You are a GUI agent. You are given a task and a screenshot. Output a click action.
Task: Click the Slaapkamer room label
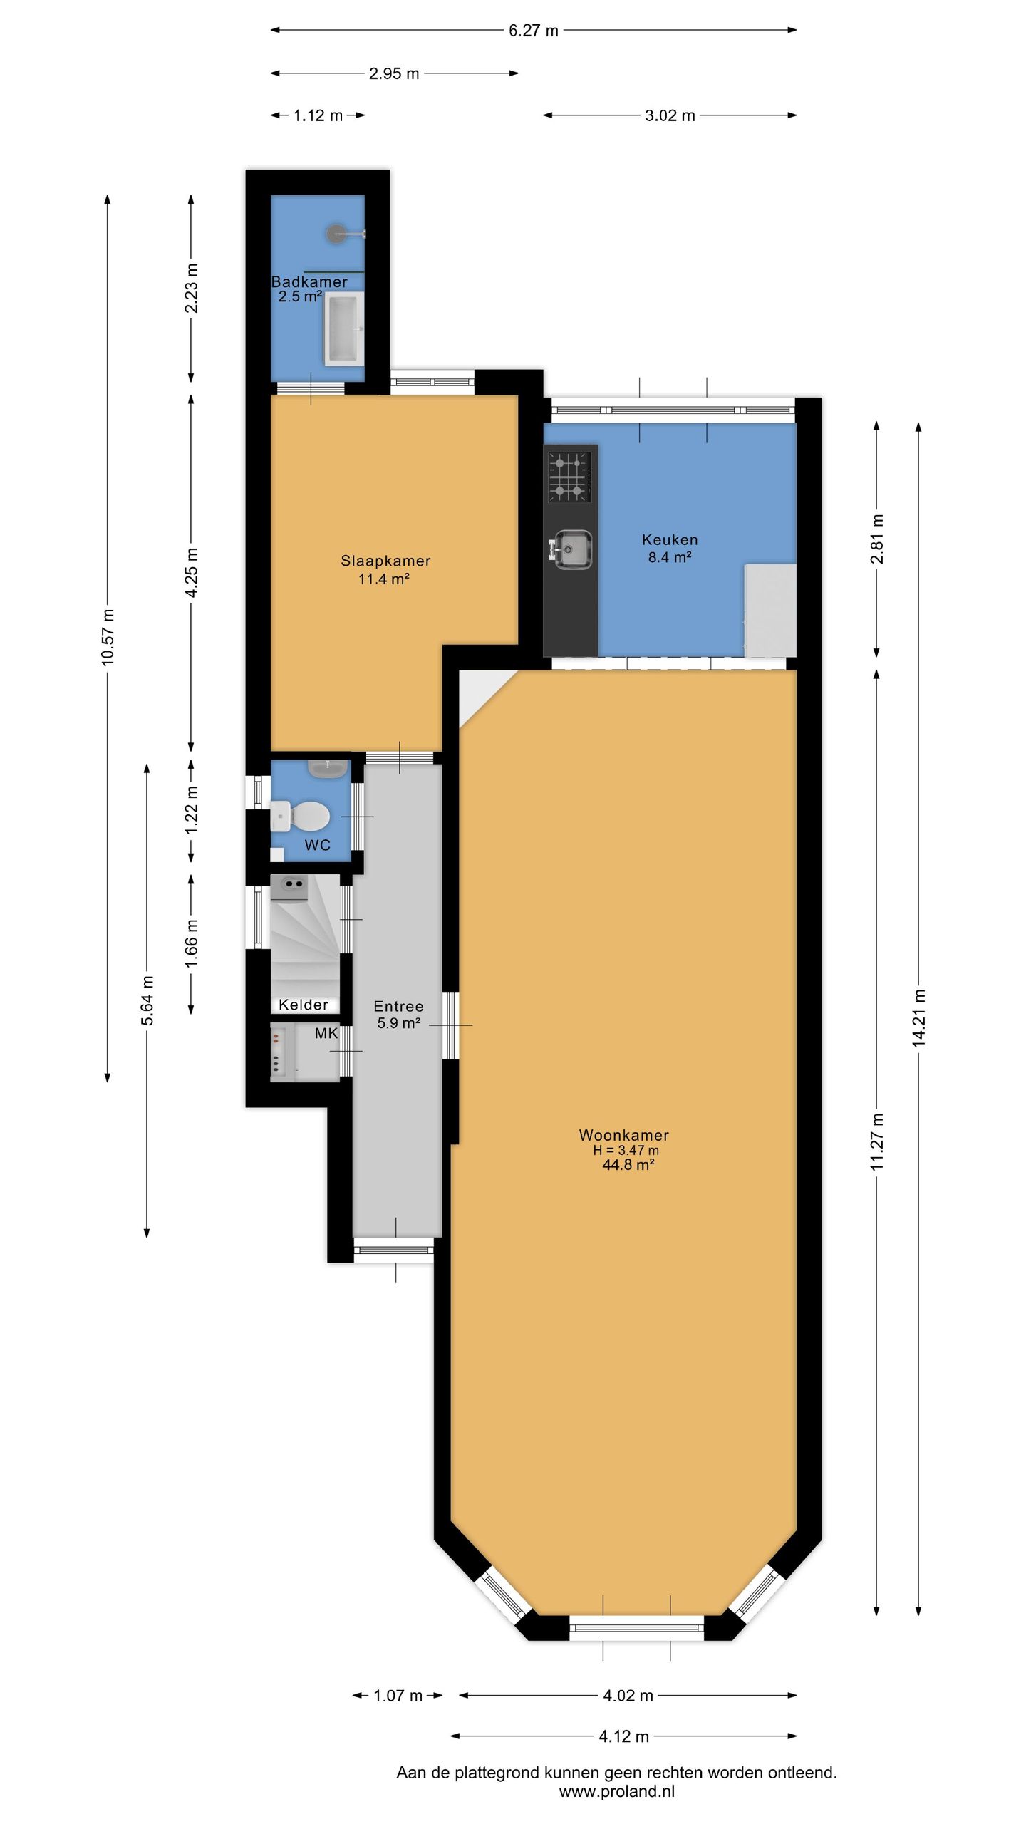point(385,561)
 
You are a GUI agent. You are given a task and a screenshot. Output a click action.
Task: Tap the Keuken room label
point(670,539)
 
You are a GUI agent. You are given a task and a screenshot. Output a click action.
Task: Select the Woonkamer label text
point(623,1135)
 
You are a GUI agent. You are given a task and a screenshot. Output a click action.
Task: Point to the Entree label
point(398,1006)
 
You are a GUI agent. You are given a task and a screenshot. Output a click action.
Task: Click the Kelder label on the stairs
point(304,1005)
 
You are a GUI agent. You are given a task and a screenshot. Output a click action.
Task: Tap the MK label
point(326,1033)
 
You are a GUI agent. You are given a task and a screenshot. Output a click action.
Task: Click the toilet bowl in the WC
point(308,815)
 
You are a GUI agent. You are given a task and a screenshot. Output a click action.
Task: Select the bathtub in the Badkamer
point(344,328)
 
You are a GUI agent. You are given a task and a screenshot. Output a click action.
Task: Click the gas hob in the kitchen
point(570,476)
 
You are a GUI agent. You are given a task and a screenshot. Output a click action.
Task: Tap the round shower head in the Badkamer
point(336,233)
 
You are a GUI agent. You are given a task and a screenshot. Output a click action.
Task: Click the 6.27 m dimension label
point(534,31)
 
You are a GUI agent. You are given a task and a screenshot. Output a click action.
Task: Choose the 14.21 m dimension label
point(919,1018)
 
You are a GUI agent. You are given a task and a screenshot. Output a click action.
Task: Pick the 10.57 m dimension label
point(108,638)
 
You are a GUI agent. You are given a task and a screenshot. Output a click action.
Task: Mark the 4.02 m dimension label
point(628,1696)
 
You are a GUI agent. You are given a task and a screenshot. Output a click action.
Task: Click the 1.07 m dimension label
point(398,1696)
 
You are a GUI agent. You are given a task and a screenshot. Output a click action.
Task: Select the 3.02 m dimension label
point(670,115)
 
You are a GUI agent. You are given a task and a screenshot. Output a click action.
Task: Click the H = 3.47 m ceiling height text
point(626,1150)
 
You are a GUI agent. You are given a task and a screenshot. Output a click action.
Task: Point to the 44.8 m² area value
point(628,1165)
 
